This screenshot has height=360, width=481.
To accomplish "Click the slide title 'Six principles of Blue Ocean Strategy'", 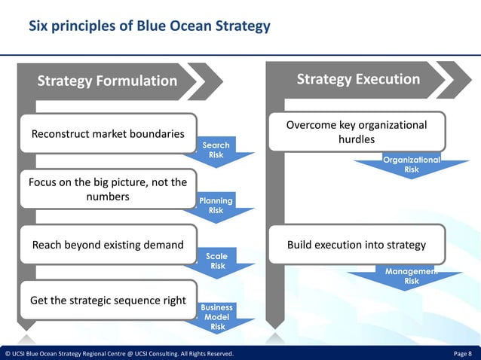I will coord(149,26).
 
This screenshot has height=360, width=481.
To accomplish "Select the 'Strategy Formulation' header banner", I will coord(107,81).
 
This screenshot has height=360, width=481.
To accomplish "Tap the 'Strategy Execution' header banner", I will coord(358,79).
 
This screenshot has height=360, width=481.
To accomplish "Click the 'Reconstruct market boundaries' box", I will coord(108,134).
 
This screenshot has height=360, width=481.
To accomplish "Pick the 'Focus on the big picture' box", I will coord(107,189).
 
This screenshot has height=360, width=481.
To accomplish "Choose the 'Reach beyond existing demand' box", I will coord(108,245).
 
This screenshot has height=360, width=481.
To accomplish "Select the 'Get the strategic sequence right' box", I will coord(108,301).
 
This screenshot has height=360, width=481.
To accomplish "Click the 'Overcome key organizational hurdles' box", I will coord(357,132).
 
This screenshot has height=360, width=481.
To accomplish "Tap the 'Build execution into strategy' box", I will coord(357,245).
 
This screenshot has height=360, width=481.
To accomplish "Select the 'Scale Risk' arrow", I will coord(217,261).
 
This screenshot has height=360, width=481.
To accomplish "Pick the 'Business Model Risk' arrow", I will coord(217,317).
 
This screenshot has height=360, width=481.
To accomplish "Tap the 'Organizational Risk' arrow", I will coord(411,165).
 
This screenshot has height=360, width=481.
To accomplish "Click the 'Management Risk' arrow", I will coord(411,276).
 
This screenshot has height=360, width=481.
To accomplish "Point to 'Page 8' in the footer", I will coord(462,353).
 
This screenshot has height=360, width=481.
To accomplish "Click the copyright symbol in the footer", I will coord(8,353).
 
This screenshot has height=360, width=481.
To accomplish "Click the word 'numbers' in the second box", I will coord(108,197).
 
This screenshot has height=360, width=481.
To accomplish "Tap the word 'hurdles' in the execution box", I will coord(357,139).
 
